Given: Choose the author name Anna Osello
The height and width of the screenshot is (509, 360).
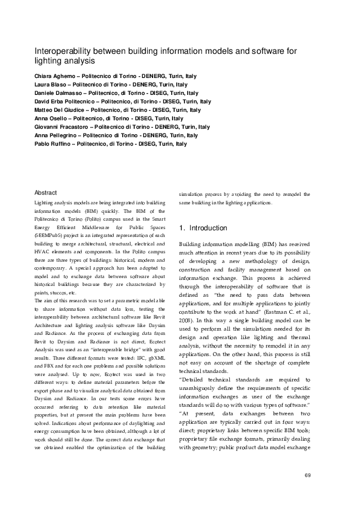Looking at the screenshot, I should pos(50,119).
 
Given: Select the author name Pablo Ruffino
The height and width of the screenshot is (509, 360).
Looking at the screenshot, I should pos(53,144).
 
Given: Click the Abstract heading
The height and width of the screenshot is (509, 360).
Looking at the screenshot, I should pos(45,192).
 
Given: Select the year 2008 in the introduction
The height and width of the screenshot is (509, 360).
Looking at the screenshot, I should pos(186,299).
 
